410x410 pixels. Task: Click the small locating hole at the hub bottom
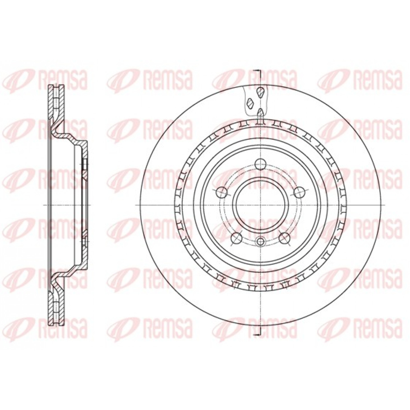(261, 241)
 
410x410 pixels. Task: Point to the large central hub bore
(261, 205)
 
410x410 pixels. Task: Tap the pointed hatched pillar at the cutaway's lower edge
(260, 112)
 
